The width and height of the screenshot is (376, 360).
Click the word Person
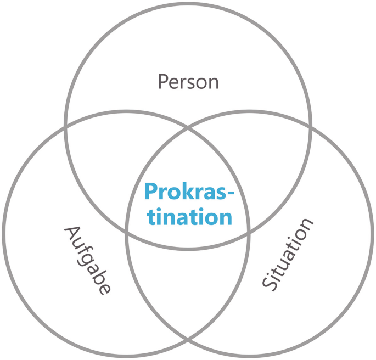coord(188,82)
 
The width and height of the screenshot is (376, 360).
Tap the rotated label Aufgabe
coord(88,260)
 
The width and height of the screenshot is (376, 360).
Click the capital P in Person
coord(162,82)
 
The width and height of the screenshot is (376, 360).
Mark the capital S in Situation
coord(268,283)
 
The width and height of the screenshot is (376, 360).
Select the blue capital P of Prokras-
coord(151,192)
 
